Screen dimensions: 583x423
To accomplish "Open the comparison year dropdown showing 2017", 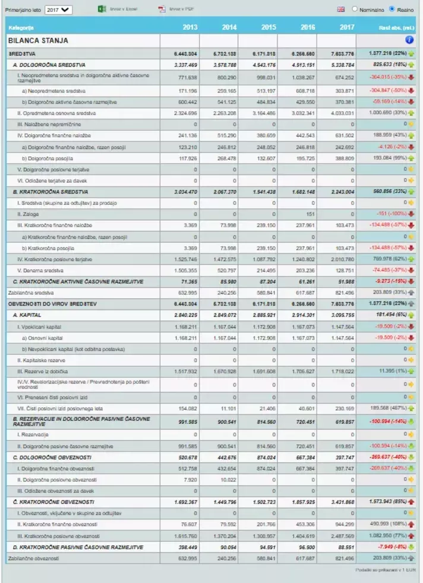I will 58,9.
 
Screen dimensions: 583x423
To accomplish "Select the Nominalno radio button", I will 355,9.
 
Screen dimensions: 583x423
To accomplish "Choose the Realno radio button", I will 392,9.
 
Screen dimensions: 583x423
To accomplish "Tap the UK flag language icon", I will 341,9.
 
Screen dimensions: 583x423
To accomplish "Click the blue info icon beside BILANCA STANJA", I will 409,40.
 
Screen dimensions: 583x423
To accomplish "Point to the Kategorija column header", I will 21,28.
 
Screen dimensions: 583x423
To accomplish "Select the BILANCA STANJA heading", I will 38,40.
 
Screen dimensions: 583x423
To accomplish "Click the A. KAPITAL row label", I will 27,315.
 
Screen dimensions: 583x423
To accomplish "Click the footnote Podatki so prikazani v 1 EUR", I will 385,571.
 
